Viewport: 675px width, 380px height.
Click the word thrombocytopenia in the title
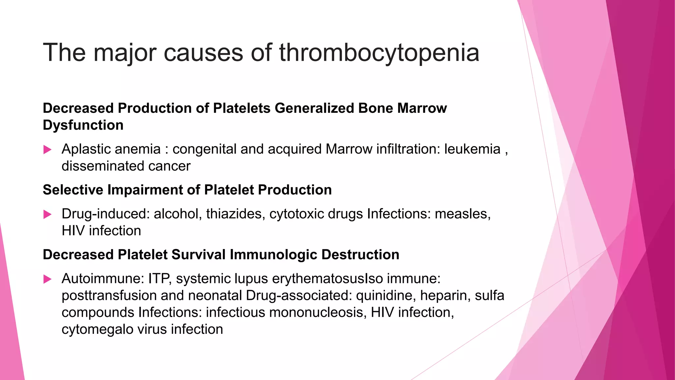pos(379,53)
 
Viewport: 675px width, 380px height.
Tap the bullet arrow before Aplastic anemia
pos(47,150)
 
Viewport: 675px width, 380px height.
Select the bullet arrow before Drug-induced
pos(47,215)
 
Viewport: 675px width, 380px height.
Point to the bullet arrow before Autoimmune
pos(47,279)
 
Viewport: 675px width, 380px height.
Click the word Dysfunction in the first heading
pos(83,125)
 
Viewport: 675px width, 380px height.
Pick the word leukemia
pos(472,149)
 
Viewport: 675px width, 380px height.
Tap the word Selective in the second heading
pos(73,190)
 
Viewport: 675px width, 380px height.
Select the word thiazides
pos(235,214)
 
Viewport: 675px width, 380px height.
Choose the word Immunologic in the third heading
pos(273,255)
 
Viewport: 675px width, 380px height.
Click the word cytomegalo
pos(98,330)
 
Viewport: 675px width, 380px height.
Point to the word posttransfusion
pos(109,296)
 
